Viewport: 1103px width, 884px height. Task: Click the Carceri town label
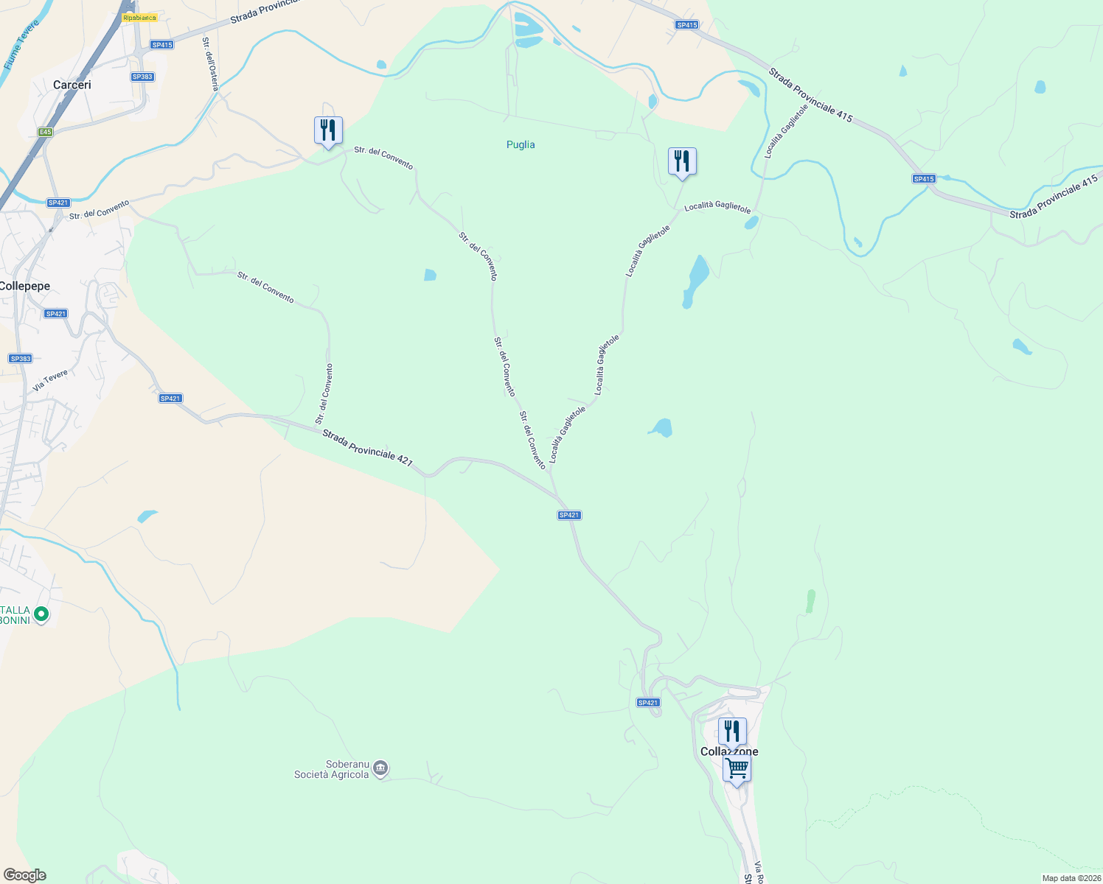(x=72, y=85)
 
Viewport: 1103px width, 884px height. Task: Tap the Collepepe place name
(x=25, y=287)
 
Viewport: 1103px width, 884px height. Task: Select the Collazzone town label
(x=729, y=752)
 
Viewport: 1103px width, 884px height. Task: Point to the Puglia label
(x=521, y=145)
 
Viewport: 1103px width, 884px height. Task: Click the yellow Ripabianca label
(x=140, y=18)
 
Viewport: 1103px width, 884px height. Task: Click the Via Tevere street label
(x=50, y=380)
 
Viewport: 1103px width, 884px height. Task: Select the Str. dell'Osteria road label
(x=211, y=63)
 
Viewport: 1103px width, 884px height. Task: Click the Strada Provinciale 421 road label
(x=367, y=447)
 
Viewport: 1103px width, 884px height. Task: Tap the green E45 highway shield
(x=46, y=132)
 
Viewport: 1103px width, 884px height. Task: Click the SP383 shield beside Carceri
(x=142, y=77)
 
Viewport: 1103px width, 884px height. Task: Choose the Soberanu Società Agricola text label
(x=331, y=770)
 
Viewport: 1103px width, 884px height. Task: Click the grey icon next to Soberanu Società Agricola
(x=380, y=769)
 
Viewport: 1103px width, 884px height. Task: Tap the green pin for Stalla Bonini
(x=41, y=613)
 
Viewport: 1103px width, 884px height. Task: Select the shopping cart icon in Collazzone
(x=737, y=769)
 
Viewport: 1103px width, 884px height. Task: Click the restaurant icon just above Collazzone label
(x=732, y=731)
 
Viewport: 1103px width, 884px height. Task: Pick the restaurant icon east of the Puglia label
(x=682, y=161)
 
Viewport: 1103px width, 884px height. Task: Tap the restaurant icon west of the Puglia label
(x=328, y=130)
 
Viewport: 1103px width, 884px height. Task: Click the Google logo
(x=24, y=875)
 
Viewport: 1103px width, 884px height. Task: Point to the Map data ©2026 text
(x=1071, y=878)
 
